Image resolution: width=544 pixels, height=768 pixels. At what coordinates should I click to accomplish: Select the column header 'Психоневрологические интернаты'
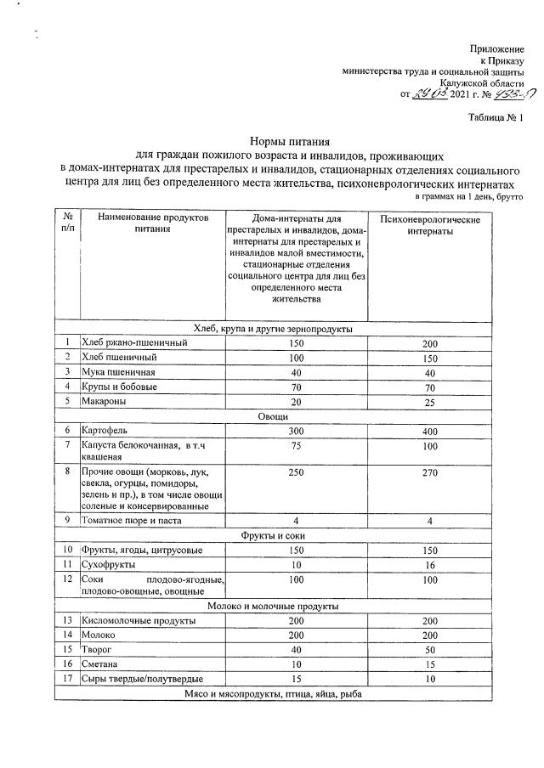442,226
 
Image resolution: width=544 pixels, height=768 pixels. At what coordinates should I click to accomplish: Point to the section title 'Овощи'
273,416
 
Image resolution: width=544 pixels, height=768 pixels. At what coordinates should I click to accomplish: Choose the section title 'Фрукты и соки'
273,535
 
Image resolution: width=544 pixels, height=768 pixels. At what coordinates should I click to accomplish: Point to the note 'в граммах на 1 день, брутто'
468,196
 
